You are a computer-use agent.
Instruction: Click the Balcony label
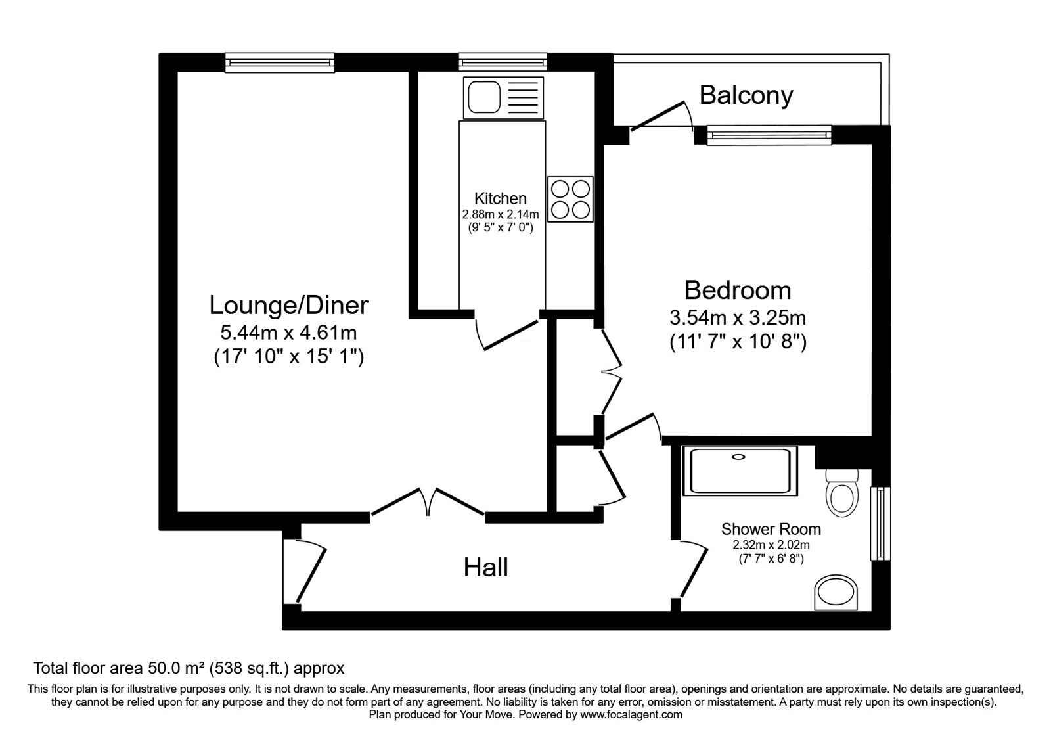(x=746, y=95)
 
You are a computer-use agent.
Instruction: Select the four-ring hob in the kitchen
(x=570, y=199)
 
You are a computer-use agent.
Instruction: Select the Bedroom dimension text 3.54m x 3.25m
(x=737, y=318)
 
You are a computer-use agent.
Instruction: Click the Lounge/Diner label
(x=288, y=305)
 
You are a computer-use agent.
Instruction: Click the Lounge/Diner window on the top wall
(x=280, y=62)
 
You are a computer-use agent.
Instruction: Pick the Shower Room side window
(x=879, y=523)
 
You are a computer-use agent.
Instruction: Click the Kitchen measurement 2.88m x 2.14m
(x=501, y=214)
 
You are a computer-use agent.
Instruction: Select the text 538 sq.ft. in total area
(x=250, y=669)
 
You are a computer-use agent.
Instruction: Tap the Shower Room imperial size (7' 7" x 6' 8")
(x=771, y=559)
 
